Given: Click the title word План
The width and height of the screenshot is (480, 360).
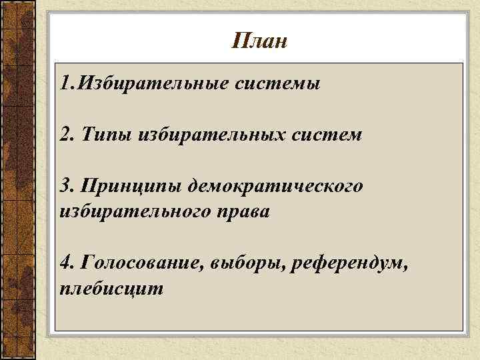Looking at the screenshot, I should click(x=260, y=41).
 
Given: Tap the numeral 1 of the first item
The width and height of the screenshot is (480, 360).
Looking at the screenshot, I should click(x=63, y=85).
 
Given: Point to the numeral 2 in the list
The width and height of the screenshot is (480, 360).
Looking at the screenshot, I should click(x=64, y=135).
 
